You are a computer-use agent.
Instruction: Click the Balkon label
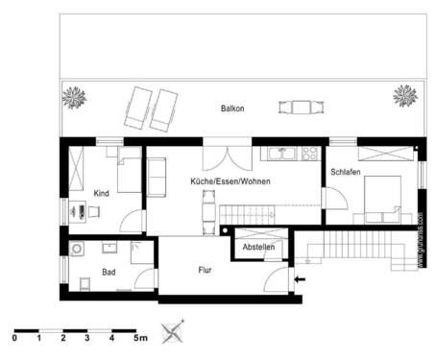231,108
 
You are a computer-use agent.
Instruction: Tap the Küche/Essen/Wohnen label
230,181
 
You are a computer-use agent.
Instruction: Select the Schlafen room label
346,172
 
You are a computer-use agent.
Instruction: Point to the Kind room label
101,194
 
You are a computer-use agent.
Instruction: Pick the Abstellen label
258,248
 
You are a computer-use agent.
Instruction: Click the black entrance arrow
301,279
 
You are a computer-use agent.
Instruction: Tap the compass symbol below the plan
174,332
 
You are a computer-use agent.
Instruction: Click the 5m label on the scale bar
139,338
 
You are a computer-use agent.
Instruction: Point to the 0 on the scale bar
15,338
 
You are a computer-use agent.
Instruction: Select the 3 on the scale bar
87,338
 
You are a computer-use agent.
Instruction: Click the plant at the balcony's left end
73,96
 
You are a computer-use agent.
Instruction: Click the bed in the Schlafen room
380,199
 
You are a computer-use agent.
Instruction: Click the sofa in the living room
154,175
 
